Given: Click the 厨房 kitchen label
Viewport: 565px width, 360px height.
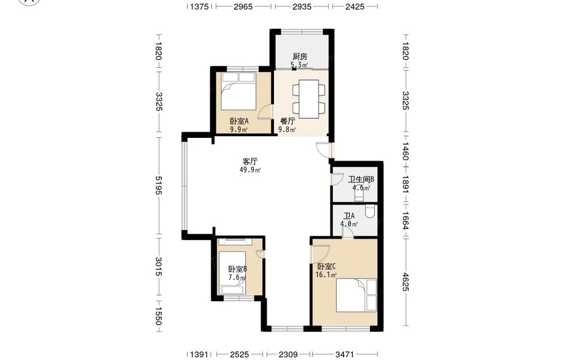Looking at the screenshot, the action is click(300, 57).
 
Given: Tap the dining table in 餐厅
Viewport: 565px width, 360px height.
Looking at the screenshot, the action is click(309, 99).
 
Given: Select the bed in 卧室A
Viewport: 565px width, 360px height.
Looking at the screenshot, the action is click(238, 91).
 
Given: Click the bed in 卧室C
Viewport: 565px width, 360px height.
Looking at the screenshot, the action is click(357, 295).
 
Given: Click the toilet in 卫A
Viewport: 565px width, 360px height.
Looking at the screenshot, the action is click(370, 211).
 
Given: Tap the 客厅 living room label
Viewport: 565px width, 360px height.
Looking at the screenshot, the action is click(250, 162).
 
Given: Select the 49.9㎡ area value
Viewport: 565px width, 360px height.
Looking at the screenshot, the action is click(250, 170).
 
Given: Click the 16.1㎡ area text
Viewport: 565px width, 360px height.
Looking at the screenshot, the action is click(326, 275).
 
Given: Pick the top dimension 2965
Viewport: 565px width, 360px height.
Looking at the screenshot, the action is click(243, 6).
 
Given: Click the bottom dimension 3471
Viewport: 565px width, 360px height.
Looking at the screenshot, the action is click(345, 354).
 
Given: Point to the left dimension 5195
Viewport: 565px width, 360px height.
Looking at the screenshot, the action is click(158, 185).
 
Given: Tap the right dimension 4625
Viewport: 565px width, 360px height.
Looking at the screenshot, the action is click(406, 282).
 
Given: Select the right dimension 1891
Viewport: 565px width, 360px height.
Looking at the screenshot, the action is click(406, 184).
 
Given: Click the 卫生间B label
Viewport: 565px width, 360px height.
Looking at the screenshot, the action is click(360, 179).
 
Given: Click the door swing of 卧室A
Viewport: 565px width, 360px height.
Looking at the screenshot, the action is click(265, 111).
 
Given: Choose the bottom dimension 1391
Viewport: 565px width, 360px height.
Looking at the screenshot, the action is click(199, 354).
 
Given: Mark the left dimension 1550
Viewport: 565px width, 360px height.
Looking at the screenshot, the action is click(158, 316).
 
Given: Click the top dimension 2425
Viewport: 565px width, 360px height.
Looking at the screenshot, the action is click(355, 6).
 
